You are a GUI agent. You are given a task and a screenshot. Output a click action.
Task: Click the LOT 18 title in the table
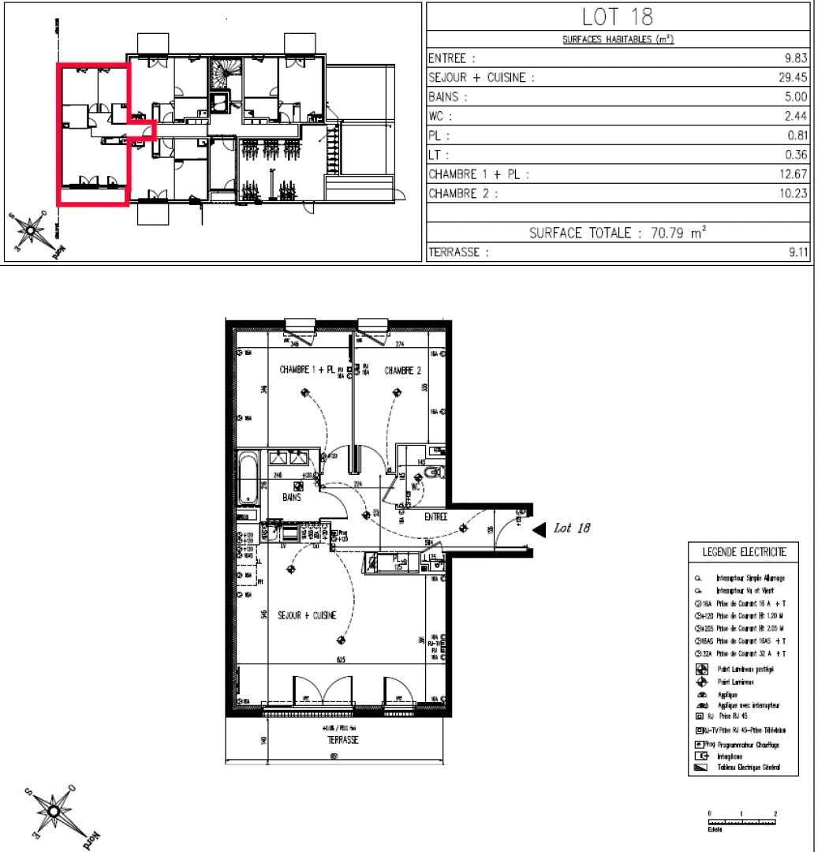[x=618, y=17]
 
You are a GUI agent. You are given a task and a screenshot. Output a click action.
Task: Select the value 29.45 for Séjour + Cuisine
[x=794, y=78]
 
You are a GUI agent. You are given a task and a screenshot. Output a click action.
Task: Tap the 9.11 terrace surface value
[x=797, y=253]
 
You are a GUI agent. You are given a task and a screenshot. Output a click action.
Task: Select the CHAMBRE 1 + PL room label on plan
[x=308, y=370]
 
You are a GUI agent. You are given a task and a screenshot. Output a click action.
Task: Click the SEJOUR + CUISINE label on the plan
[x=307, y=617]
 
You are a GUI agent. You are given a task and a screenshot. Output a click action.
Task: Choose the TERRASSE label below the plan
[x=343, y=741]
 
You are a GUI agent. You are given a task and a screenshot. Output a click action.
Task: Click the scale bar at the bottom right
[x=741, y=821]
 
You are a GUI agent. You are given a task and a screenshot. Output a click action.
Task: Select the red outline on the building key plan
[x=58, y=134]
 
